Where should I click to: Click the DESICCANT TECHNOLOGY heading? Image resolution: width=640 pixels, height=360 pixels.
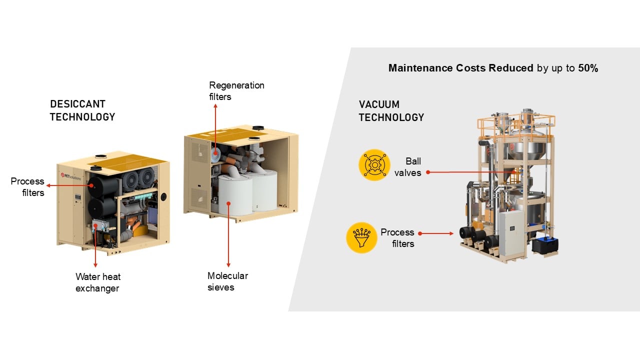pos(82,110)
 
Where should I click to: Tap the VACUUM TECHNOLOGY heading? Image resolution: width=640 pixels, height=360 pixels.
pos(391,111)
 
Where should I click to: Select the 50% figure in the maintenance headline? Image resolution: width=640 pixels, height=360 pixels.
pos(588,68)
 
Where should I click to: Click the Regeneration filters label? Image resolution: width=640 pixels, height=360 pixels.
pos(236,91)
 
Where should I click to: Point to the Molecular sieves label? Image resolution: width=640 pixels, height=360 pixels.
pos(227,281)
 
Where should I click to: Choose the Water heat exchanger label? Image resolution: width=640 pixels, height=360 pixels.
pos(98,282)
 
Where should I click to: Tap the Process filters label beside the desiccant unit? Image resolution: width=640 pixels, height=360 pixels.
pos(27,186)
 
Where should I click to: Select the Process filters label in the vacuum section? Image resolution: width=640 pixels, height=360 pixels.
pos(397,238)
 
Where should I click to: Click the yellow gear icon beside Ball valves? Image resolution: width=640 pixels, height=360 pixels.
pos(374,165)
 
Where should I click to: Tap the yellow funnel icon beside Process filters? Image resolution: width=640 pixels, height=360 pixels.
pos(361,237)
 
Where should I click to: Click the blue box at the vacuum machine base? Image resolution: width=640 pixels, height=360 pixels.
pos(544,245)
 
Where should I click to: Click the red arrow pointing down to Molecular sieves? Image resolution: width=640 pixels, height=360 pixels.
pos(228,235)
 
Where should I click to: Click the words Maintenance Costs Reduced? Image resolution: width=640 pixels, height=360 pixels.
pos(460,68)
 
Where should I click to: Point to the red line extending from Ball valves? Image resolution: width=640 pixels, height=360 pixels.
pos(470,172)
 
